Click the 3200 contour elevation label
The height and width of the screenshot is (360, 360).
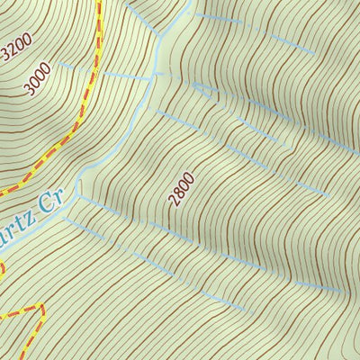[x=16, y=46]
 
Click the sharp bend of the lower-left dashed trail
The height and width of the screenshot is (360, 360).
[x=41, y=309]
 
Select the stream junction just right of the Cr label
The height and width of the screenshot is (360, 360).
[x=80, y=190]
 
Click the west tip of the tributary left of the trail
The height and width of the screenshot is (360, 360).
[x=56, y=65]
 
